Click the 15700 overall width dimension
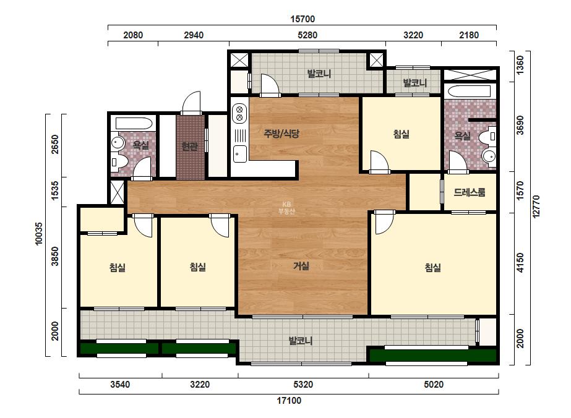(303, 19)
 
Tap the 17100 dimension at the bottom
(289, 401)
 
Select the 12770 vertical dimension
(536, 207)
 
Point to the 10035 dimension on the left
(38, 234)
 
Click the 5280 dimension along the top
(307, 35)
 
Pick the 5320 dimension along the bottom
(303, 385)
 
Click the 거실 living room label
(301, 266)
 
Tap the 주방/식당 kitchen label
(281, 134)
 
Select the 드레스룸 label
(470, 192)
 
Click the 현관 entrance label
(190, 147)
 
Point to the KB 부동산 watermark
(286, 208)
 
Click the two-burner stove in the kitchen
(239, 113)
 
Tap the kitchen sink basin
(239, 153)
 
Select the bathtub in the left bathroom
(133, 123)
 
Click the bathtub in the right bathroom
(469, 91)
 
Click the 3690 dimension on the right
(520, 125)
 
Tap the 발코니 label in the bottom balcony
(301, 341)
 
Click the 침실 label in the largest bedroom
(432, 268)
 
